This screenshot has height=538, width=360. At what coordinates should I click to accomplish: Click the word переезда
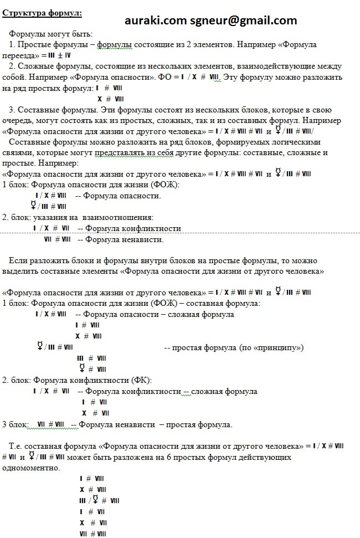pyautogui.click(x=19, y=55)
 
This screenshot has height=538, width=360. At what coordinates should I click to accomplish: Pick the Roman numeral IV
pyautogui.click(x=68, y=55)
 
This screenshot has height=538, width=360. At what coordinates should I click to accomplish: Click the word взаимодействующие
pyautogui.click(x=264, y=66)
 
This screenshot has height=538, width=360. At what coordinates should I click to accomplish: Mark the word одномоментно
pyautogui.click(x=31, y=468)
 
